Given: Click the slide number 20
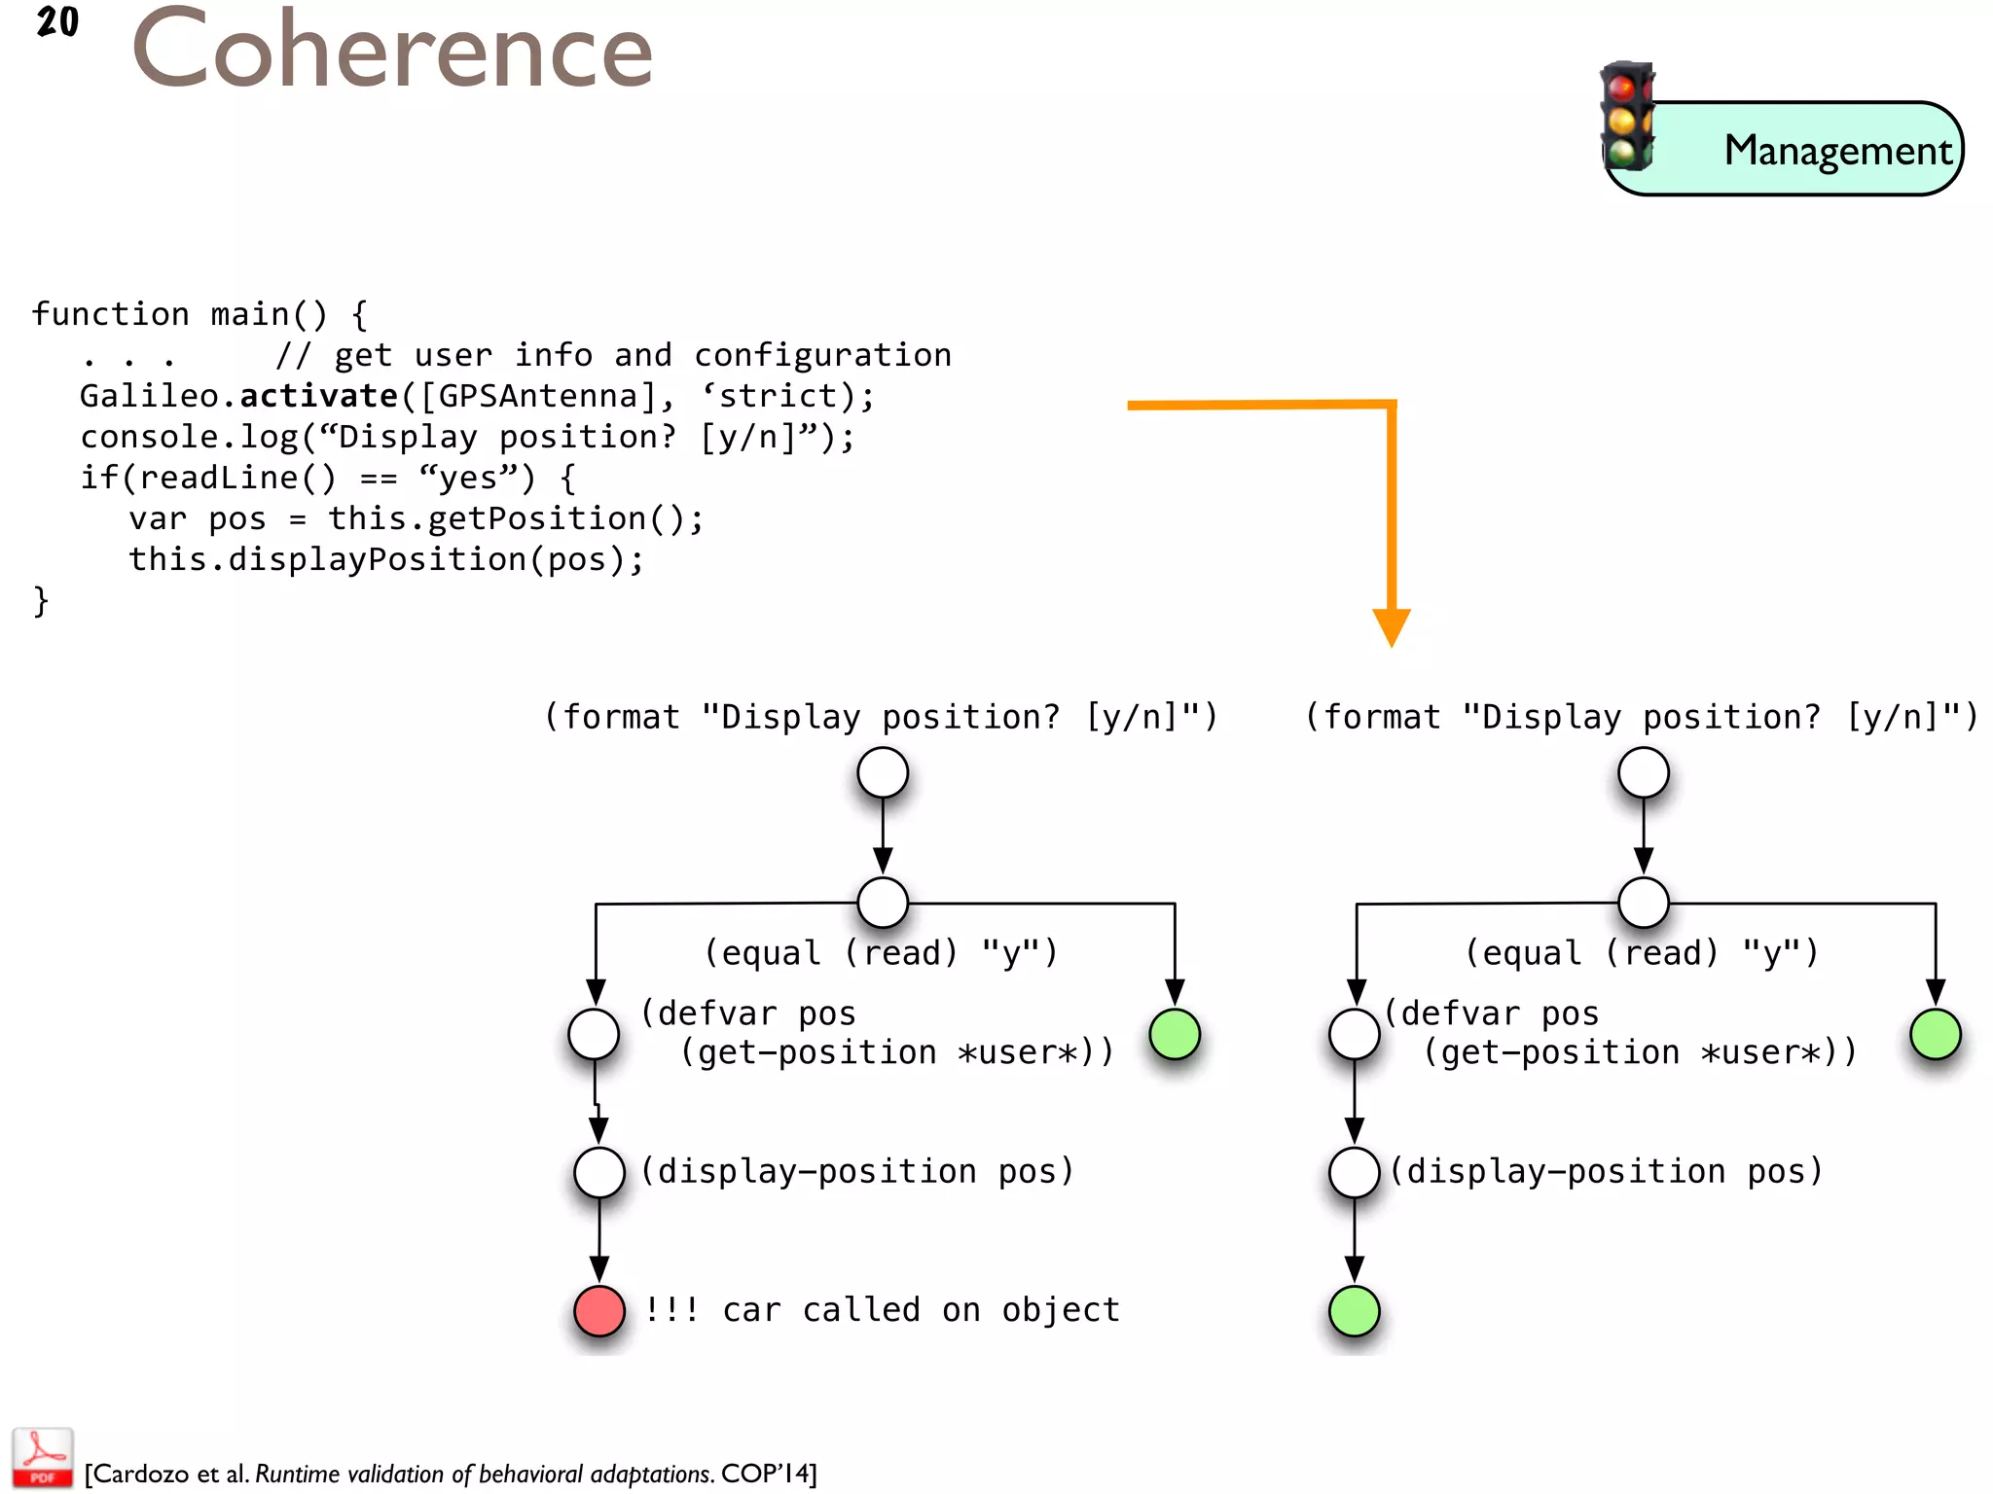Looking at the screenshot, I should point(57,22).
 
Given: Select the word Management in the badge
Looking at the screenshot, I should point(1837,151).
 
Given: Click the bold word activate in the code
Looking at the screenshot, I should point(318,396).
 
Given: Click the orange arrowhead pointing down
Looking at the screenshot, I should point(1392,626).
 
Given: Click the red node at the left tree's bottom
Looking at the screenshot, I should point(599,1310).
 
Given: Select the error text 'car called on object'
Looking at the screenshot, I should point(921,1310).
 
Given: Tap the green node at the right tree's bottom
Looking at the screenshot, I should point(1354,1310).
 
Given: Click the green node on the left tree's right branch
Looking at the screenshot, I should point(1175,1033).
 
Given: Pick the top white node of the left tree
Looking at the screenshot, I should point(883,773).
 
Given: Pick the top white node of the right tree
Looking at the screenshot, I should point(1644,773).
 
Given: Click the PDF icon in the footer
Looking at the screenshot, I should point(43,1457).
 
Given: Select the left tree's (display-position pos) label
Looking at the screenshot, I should point(857,1171).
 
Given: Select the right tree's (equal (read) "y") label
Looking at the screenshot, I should point(1642,952).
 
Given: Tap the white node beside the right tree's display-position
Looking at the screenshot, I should point(1354,1171).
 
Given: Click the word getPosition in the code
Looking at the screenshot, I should point(536,518).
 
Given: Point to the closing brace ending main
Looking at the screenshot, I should point(41,601).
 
